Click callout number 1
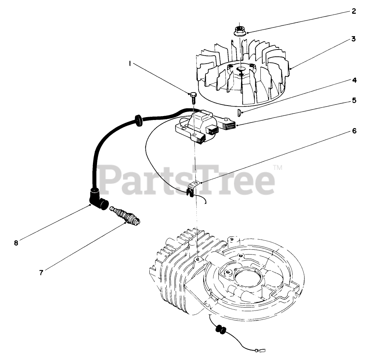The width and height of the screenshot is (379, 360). tap(129, 63)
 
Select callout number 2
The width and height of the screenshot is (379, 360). tap(354, 11)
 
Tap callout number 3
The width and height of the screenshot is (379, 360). tap(354, 39)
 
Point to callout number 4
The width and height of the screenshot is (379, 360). tap(354, 80)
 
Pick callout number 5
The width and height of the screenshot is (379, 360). tap(354, 101)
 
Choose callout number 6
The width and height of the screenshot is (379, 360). tap(354, 131)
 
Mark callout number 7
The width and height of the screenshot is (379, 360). tap(41, 273)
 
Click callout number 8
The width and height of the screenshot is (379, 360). tap(16, 243)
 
